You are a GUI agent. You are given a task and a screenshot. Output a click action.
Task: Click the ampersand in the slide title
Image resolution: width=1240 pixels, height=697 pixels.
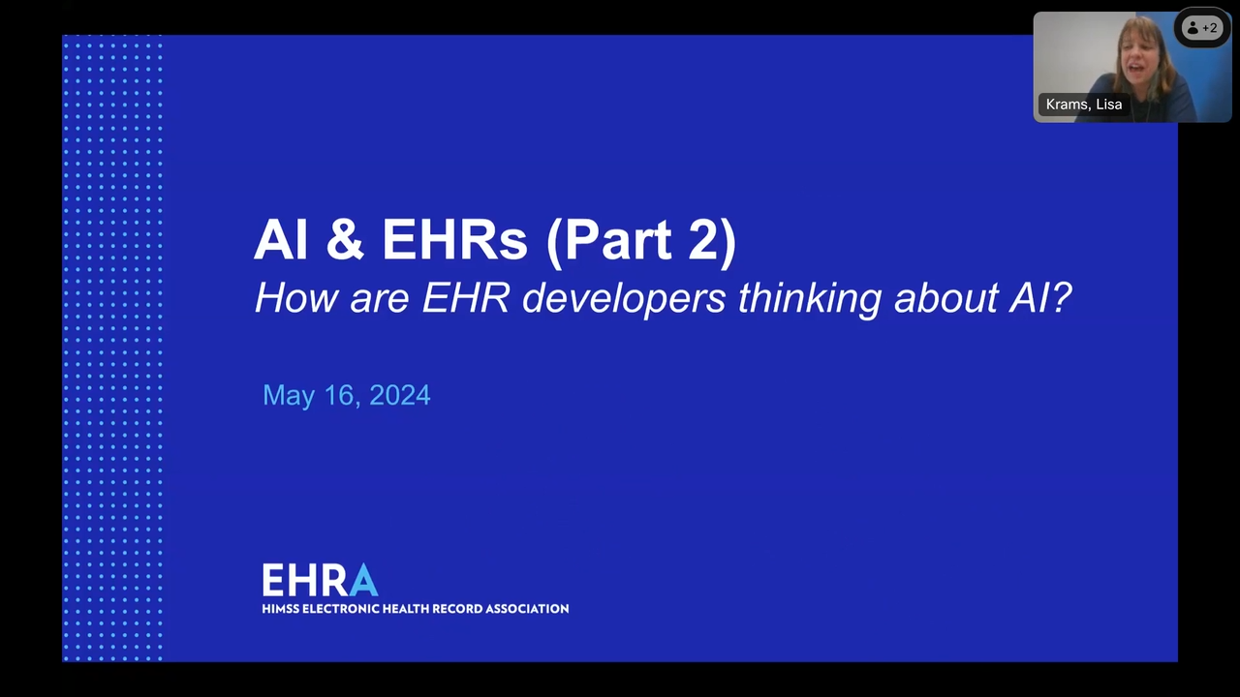(x=346, y=239)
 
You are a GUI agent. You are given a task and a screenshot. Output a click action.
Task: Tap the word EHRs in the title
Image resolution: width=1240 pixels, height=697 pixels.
(x=454, y=239)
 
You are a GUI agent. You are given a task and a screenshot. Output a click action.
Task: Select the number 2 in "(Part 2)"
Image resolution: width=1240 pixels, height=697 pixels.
(x=703, y=239)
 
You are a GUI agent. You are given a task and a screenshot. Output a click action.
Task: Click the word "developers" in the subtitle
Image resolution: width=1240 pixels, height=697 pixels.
(x=624, y=299)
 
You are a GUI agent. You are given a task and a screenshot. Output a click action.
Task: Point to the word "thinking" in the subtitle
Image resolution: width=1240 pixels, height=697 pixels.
(x=810, y=299)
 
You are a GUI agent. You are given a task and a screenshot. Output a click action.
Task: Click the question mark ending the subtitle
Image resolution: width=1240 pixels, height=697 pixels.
(x=1061, y=297)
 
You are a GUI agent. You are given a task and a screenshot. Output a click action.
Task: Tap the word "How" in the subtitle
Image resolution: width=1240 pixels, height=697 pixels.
(x=297, y=297)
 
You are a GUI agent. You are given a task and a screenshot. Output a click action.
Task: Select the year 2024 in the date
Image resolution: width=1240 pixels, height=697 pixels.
(x=400, y=395)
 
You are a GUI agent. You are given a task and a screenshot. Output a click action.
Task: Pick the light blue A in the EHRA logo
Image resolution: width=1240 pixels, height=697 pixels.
(x=363, y=580)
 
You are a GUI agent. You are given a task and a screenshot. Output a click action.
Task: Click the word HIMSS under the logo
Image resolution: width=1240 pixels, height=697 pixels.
(x=281, y=609)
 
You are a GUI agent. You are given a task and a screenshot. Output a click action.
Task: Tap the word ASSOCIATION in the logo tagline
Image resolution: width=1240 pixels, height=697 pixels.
(x=527, y=609)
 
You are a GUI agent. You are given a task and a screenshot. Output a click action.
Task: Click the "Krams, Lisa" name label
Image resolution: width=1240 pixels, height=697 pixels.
(x=1084, y=105)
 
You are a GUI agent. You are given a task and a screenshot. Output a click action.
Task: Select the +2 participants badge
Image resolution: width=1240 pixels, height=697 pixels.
(x=1202, y=28)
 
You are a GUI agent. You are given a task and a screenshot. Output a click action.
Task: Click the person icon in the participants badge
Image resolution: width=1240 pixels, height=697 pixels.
(x=1193, y=28)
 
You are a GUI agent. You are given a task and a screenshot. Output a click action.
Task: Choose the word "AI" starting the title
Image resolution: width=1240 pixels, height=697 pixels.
(x=281, y=239)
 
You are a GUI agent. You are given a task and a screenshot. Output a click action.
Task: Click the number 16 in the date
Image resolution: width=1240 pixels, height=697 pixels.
(x=339, y=396)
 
